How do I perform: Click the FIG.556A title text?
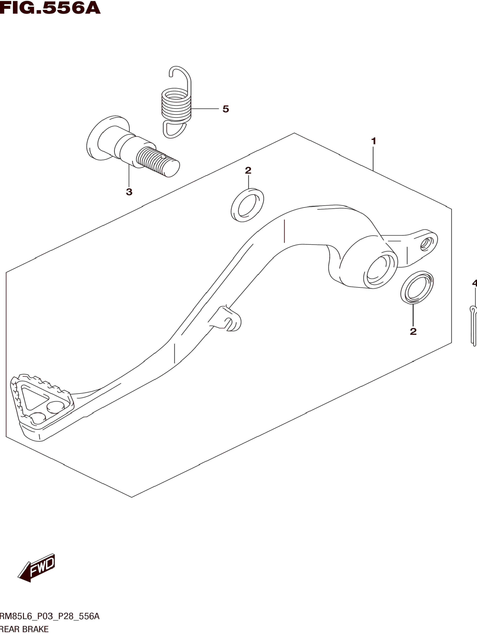pos(50,8)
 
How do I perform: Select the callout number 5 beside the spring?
pos(226,109)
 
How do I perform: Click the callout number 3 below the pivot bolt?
pos(129,192)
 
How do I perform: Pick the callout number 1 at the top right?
pos(373,141)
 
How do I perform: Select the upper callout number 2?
pos(248,171)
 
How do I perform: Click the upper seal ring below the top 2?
pos(247,205)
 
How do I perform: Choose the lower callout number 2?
pos(413,331)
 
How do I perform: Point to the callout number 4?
pos(474,283)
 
